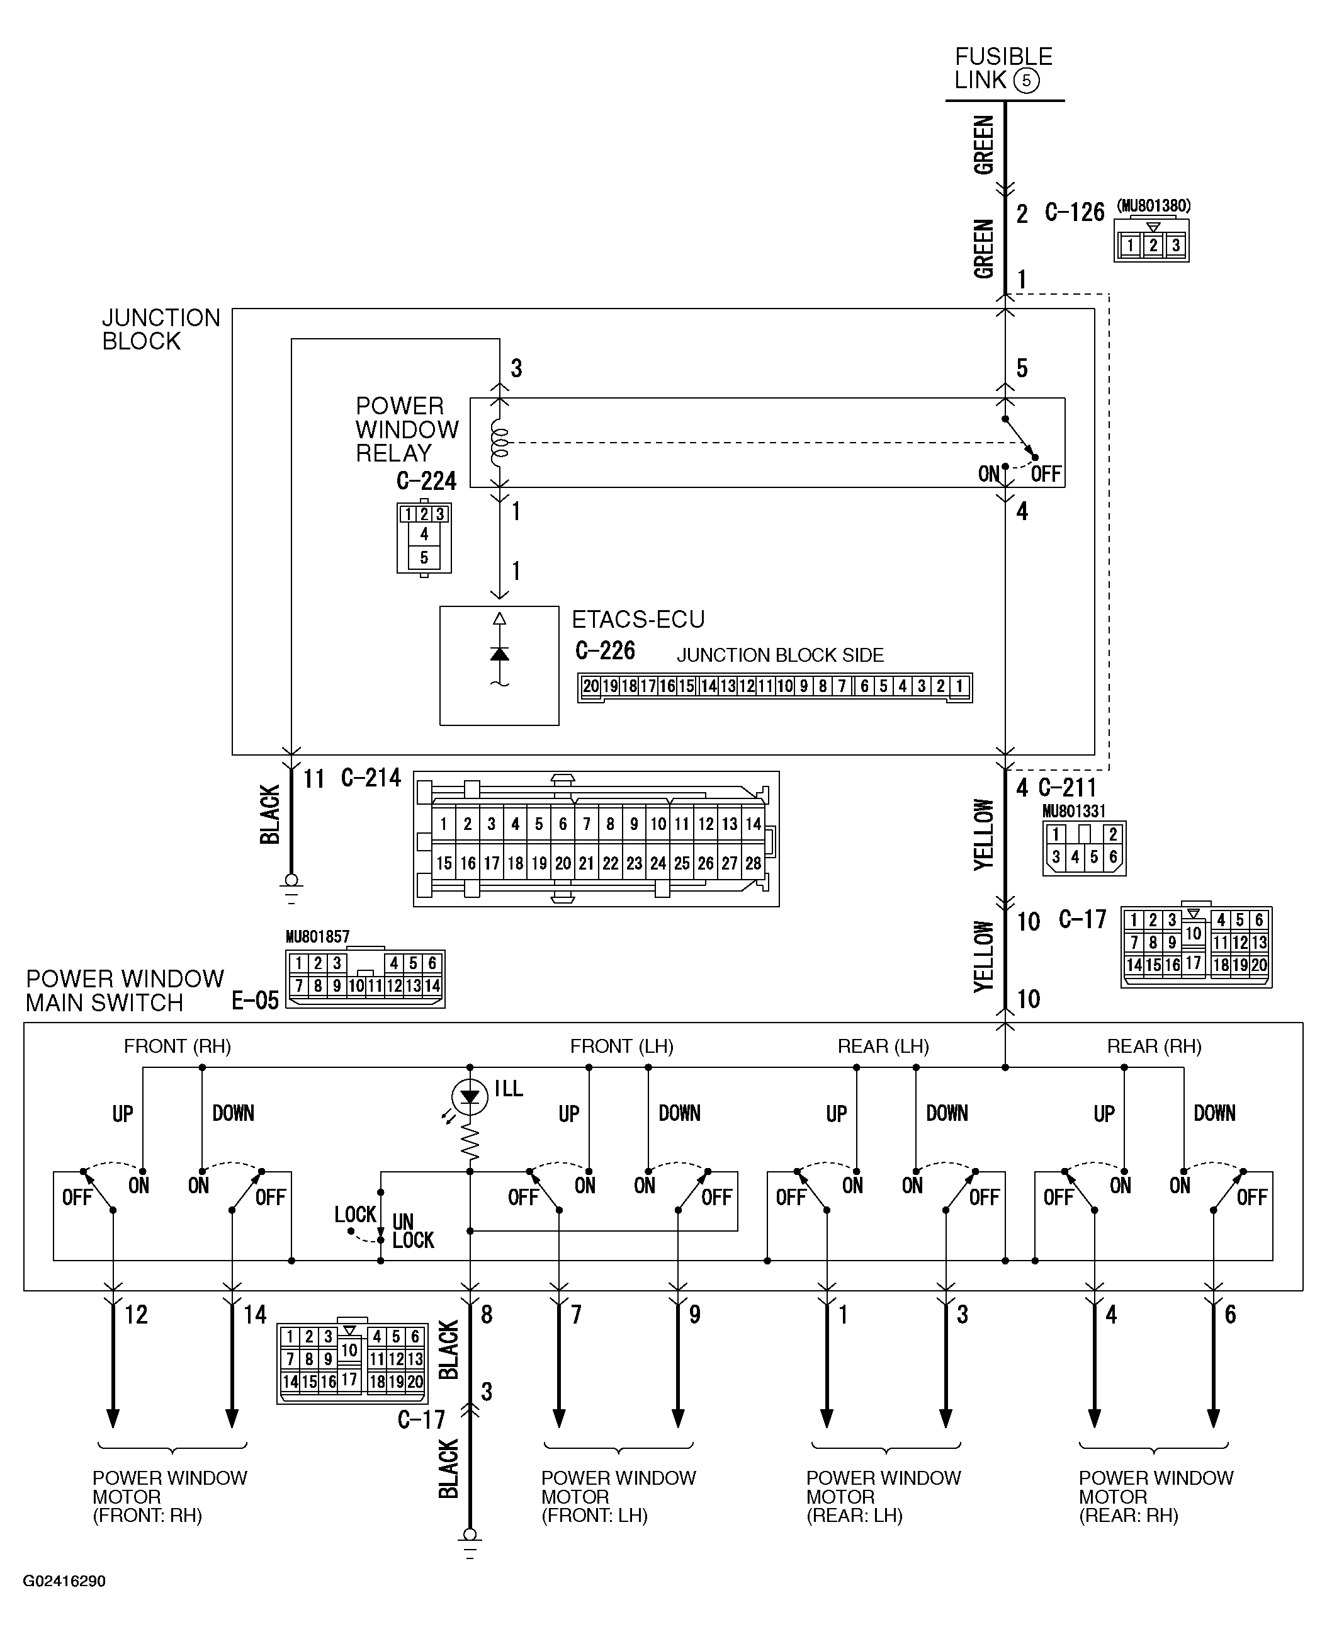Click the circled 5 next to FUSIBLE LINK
1026,81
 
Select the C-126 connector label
1074,213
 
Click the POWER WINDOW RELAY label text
407,429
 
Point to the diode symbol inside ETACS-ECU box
499,654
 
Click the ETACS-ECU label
638,620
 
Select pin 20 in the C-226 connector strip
590,686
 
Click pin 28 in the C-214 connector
753,863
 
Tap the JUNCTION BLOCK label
161,329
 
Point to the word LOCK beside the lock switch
354,1214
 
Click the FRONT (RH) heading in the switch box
178,1046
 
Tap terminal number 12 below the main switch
136,1315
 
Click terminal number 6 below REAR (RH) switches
1230,1315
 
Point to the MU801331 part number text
1073,811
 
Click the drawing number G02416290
64,1580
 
